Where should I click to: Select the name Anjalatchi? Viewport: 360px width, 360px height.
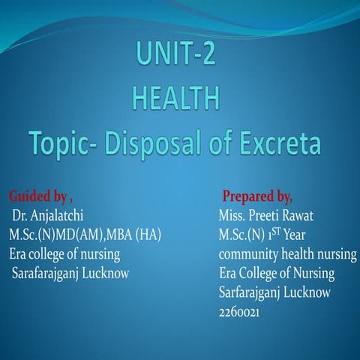[x=64, y=217]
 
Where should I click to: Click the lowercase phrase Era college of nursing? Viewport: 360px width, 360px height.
[x=64, y=254]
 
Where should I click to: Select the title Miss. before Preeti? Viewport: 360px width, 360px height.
[x=226, y=217]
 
